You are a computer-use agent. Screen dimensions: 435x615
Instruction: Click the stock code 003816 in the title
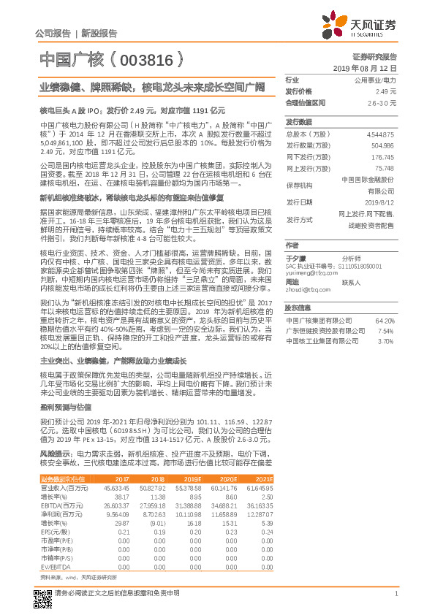click(151, 58)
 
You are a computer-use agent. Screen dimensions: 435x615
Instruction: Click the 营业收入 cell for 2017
click(118, 486)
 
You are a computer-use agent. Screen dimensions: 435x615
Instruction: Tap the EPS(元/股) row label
click(54, 532)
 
